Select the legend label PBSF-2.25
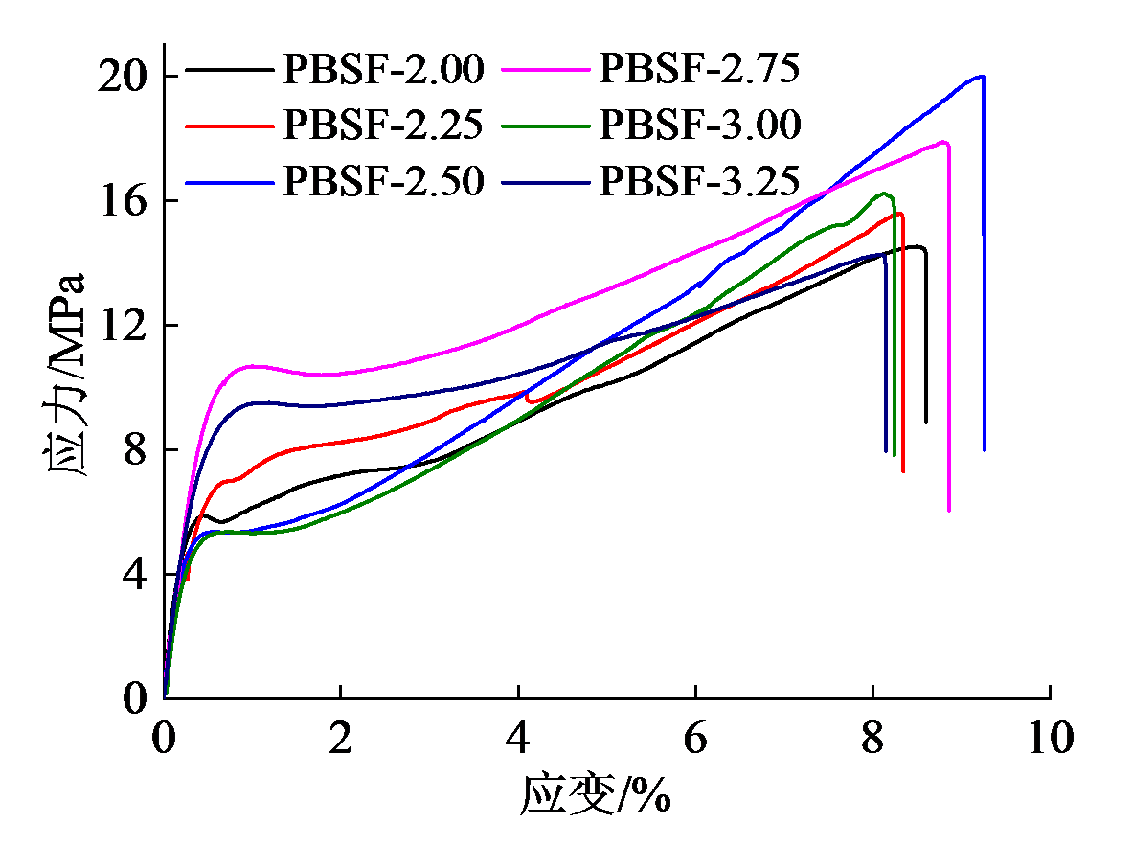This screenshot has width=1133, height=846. point(384,125)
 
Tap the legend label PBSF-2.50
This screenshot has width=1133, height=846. point(384,180)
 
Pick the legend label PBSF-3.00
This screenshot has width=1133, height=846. point(700,125)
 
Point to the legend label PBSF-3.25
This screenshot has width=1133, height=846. point(700,180)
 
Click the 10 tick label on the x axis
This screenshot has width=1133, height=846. point(1050,739)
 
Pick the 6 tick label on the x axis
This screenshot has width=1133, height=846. point(696,739)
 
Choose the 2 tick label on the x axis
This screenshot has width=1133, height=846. point(342,739)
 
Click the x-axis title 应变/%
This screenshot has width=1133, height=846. point(595,794)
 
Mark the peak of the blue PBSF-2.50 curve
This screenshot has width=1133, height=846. point(981,76)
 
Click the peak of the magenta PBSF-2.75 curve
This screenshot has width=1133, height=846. point(944,142)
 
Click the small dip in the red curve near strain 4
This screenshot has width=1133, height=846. point(533,400)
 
